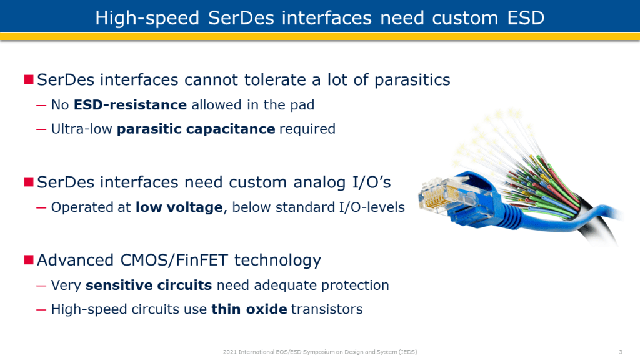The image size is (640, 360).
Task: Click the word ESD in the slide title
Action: [x=526, y=18]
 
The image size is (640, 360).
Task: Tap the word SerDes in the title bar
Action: [x=241, y=18]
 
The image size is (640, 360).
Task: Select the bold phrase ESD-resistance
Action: [x=130, y=105]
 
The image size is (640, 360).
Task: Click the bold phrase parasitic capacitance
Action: [x=196, y=129]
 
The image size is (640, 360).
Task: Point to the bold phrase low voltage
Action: [x=179, y=207]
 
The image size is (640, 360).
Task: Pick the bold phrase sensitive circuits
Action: [x=149, y=285]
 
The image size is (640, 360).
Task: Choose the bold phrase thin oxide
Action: [x=249, y=309]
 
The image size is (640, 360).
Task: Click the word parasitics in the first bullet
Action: [x=412, y=80]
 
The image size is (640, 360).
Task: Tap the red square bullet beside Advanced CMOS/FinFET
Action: [x=29, y=260]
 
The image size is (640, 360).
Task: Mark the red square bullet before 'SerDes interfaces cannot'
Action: [x=29, y=79]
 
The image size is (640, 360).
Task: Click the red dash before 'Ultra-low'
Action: [x=41, y=129]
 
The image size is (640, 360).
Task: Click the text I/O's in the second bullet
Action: [x=371, y=182]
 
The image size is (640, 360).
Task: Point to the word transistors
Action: [x=327, y=309]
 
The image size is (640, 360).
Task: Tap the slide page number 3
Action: [x=621, y=352]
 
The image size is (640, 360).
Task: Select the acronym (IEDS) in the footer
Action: [x=407, y=352]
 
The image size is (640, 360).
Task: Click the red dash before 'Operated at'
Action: [x=41, y=207]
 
